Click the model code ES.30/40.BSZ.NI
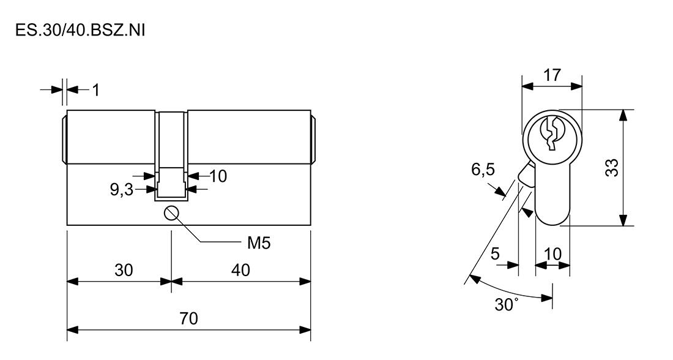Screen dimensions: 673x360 pos(80,31)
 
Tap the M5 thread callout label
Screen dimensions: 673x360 pos(259,244)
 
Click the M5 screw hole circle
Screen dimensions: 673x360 pos(171,212)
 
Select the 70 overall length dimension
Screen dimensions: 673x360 pos(189,319)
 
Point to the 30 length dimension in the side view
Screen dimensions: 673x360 pos(124,270)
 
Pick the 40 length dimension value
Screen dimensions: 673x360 pos(240,270)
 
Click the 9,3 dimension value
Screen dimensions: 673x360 pos(122,189)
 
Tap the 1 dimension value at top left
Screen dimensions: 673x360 pos(95,90)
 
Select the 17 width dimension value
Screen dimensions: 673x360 pos(552,75)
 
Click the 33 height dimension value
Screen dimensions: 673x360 pos(612,168)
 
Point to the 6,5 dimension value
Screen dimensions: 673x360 pos(483,170)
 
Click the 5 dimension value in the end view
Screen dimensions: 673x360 pos(496,254)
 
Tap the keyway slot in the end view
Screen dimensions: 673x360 pos(552,133)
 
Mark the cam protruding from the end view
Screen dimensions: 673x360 pos(526,176)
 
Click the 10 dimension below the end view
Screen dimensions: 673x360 pos(553,254)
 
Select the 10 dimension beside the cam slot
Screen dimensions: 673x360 pos(218,176)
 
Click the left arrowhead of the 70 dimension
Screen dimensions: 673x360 pos(73,330)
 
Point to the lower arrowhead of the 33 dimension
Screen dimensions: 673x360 pos(623,220)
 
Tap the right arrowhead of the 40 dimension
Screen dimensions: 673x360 pos(305,282)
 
